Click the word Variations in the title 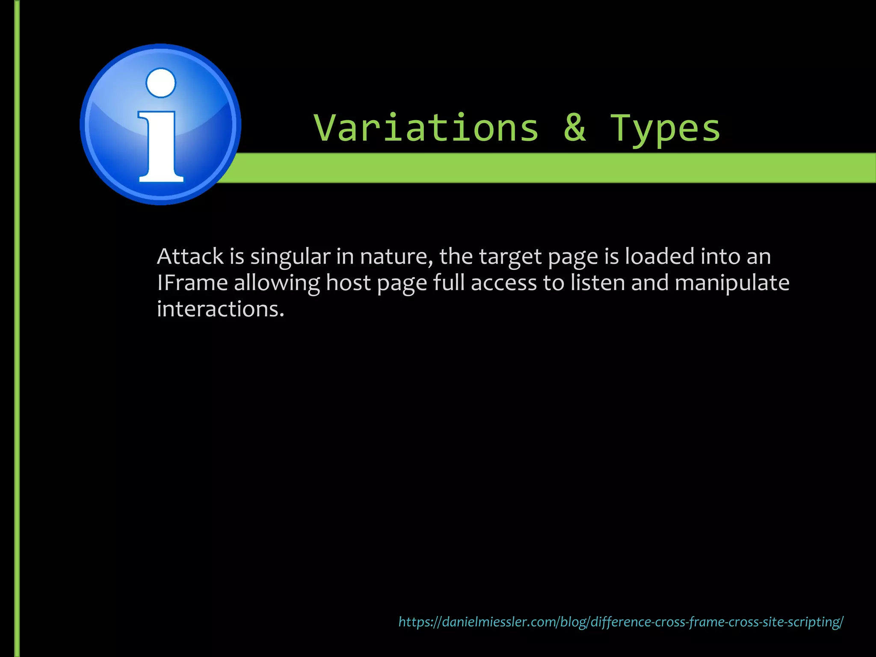point(426,128)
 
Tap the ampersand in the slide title point(574,128)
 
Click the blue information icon point(160,124)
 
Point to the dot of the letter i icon point(161,83)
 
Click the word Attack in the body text point(190,257)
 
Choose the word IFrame point(192,283)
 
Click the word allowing point(277,284)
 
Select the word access point(503,284)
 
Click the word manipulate point(732,284)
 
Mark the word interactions point(220,309)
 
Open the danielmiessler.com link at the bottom point(621,621)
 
